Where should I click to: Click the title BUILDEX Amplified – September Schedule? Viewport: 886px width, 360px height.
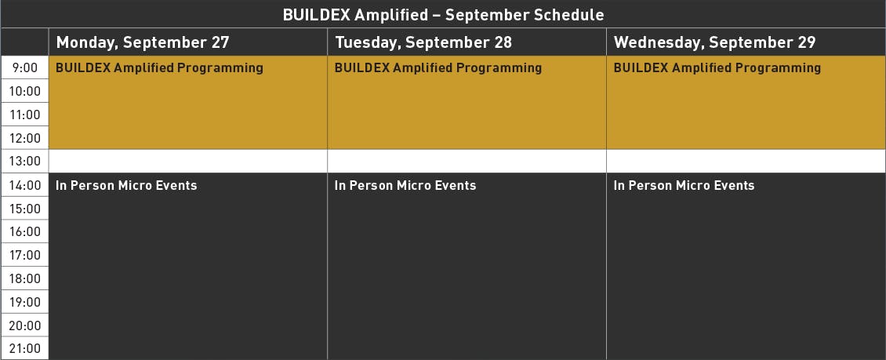443,15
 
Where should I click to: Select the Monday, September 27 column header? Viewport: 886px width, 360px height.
143,42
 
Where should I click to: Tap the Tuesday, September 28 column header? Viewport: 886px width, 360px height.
423,42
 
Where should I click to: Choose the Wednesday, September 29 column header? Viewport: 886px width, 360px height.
715,42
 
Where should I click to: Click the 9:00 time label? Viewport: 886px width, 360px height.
25,67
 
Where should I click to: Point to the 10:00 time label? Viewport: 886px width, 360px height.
25,91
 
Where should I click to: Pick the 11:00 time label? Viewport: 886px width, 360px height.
25,115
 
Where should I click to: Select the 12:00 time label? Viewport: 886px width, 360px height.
25,138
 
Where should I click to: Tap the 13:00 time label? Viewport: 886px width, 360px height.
25,162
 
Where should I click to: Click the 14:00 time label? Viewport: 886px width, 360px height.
25,185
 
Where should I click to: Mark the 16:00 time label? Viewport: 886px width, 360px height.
25,231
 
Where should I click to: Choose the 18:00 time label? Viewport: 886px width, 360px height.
25,278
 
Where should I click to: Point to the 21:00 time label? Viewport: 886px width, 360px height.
25,348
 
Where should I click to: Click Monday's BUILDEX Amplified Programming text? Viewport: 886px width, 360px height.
159,68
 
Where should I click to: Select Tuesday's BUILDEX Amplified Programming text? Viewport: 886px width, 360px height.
438,68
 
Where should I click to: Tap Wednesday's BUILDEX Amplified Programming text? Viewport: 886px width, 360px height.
717,68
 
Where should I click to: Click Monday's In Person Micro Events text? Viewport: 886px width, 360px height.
126,185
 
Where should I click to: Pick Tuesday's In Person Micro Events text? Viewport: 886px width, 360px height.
405,185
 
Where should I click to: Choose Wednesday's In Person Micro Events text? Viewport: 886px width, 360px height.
684,185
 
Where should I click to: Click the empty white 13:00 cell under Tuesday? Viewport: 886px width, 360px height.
467,161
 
